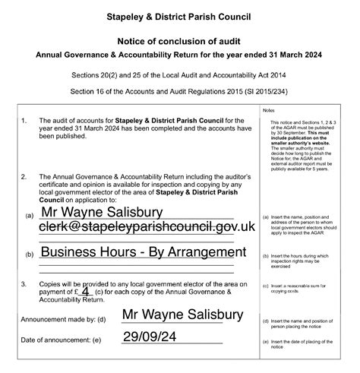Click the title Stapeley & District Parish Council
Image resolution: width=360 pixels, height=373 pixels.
click(x=179, y=16)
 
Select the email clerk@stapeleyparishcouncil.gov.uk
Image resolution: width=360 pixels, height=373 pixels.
click(x=147, y=226)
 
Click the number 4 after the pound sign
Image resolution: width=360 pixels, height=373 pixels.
click(x=85, y=290)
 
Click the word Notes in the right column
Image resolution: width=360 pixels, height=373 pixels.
click(x=269, y=110)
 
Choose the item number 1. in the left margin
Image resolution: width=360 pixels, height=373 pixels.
click(x=24, y=120)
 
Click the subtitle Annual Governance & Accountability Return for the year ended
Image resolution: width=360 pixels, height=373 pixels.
click(x=179, y=55)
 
